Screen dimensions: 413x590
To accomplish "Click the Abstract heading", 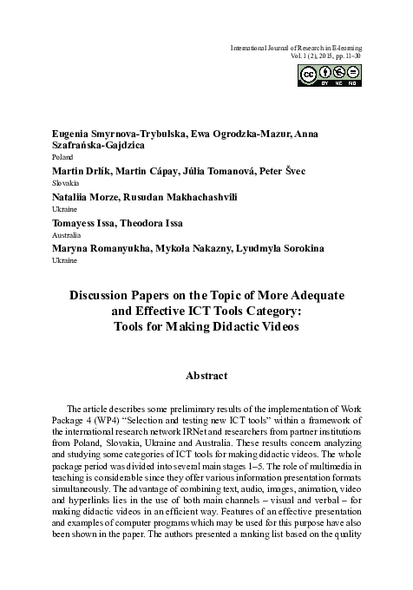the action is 206,377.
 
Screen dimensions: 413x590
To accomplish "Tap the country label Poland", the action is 63,160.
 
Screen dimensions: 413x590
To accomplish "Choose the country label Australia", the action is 66,234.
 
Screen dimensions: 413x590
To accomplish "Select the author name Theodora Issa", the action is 153,222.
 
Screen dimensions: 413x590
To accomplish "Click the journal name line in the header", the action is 294,46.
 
